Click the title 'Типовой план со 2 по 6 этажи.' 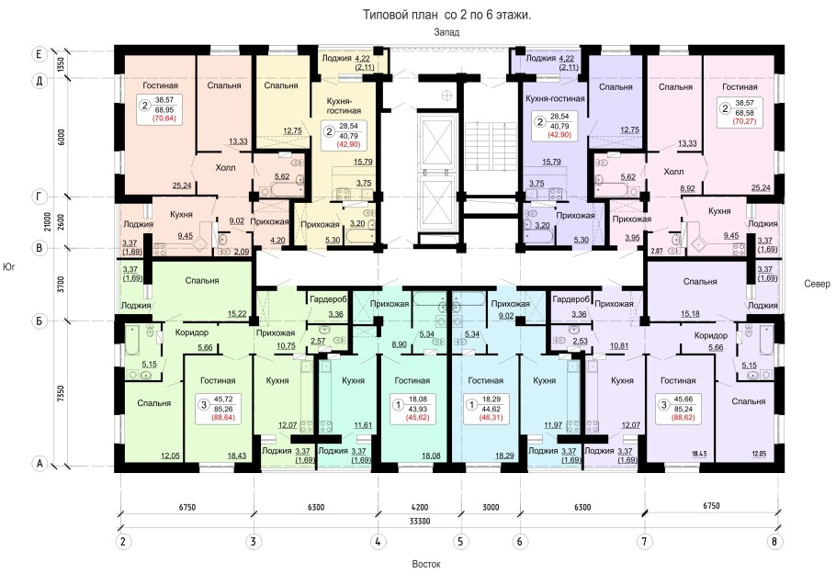click(446, 15)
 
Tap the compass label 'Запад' click(446, 32)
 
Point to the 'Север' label click(817, 284)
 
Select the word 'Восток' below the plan click(426, 564)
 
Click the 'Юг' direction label click(8, 266)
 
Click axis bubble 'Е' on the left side click(39, 54)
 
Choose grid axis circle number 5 click(460, 542)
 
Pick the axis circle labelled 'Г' click(39, 197)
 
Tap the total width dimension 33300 click(420, 522)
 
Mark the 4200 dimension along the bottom click(420, 507)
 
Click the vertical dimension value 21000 click(48, 221)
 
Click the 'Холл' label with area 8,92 click(673, 172)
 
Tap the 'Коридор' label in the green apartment click(192, 332)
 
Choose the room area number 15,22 click(237, 314)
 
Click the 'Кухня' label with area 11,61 click(353, 380)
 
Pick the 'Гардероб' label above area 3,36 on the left click(328, 299)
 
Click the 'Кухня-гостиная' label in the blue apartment click(555, 98)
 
